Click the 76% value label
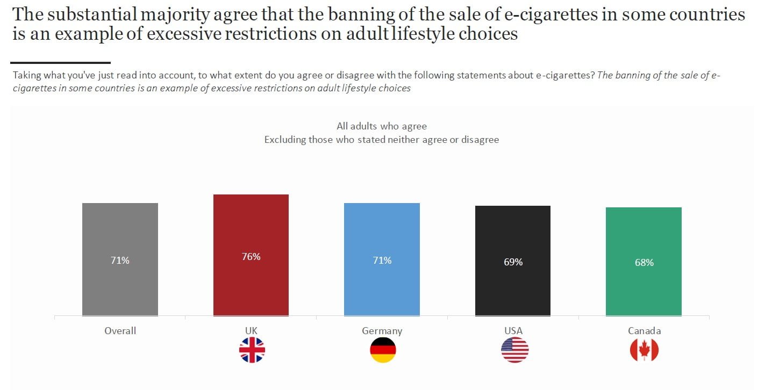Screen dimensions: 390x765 click(x=251, y=257)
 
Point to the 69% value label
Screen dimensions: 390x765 click(x=513, y=262)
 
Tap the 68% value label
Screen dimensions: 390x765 click(x=644, y=263)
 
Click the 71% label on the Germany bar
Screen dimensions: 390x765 click(x=382, y=261)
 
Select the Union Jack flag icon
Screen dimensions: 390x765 click(x=252, y=350)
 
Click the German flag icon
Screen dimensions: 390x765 click(x=383, y=350)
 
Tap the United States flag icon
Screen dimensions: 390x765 click(x=514, y=350)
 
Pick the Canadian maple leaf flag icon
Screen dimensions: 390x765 click(x=644, y=350)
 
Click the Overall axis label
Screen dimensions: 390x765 click(x=120, y=330)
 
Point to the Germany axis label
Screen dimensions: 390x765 click(x=382, y=331)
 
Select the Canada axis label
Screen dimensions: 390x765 click(x=644, y=331)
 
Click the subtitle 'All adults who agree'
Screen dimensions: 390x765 click(x=382, y=126)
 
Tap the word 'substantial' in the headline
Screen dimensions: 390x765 click(x=97, y=15)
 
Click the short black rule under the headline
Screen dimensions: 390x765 click(x=60, y=63)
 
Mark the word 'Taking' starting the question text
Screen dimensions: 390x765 click(x=26, y=75)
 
